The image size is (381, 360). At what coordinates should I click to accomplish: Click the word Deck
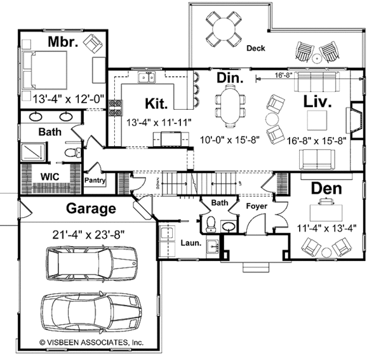[255, 49]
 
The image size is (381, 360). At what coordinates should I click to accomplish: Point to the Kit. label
[156, 103]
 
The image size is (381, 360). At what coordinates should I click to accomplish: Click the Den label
[326, 189]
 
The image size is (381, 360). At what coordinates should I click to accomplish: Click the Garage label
[92, 208]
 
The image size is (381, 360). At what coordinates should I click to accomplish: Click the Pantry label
[95, 181]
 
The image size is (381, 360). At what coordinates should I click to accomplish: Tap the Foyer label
[257, 207]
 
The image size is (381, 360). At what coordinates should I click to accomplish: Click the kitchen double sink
[147, 79]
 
